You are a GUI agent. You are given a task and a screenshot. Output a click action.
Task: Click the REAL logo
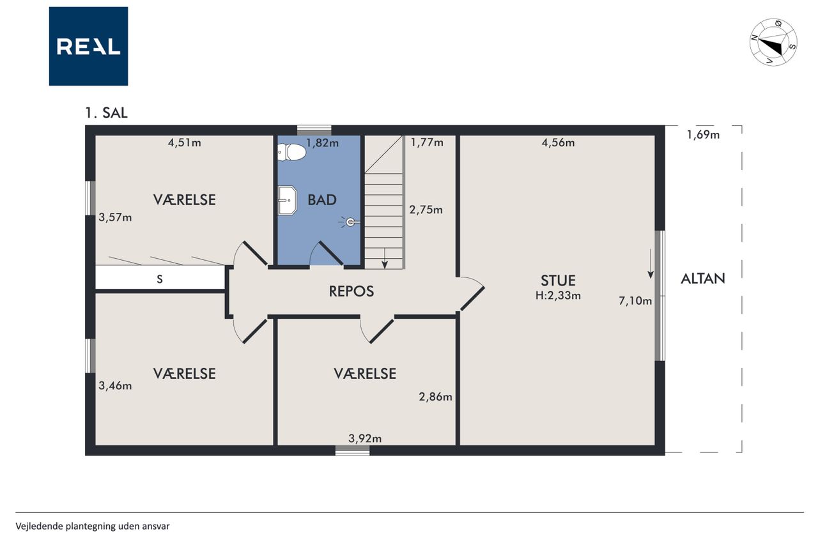[x=88, y=47]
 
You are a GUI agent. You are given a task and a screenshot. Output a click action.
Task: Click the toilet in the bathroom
[x=291, y=152]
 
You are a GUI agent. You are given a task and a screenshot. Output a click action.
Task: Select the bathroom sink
[x=288, y=201]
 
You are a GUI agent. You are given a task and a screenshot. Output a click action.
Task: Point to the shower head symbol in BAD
[x=350, y=222]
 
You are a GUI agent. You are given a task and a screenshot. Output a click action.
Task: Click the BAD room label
[x=321, y=200]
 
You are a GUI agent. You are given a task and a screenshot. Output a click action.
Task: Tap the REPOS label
[x=351, y=291]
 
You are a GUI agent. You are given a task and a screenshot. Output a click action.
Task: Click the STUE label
[x=558, y=280]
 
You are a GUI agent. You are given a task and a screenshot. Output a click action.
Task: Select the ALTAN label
[x=703, y=279]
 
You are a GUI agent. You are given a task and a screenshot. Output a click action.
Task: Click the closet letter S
[x=160, y=279]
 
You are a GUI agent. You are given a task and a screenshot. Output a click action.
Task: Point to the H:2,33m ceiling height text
[x=558, y=295]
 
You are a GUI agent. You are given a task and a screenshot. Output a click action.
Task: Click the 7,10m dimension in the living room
[x=635, y=301]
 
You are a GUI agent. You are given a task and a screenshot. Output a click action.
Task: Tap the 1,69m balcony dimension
[x=703, y=135]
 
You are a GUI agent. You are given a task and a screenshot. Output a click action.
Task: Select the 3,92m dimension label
[x=365, y=438]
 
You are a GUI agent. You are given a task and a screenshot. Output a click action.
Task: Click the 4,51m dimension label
[x=185, y=142]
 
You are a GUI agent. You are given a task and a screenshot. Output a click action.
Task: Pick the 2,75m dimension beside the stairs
[x=426, y=210]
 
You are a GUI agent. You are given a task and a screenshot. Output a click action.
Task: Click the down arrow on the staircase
[x=385, y=259]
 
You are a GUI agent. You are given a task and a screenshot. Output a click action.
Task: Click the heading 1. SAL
[x=106, y=113]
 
